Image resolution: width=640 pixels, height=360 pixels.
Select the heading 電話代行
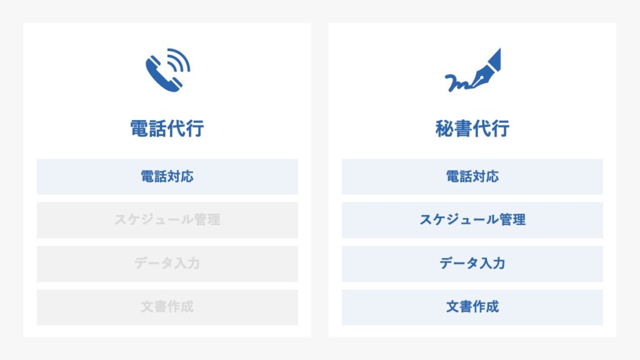tap(167, 128)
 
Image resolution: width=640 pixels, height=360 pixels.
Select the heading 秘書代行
tap(472, 128)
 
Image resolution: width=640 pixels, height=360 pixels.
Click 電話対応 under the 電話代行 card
tap(167, 176)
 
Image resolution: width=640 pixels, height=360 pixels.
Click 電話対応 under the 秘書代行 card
tap(472, 176)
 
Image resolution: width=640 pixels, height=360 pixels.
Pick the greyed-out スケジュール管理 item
tap(167, 220)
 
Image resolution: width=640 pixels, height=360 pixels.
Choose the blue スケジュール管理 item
tap(472, 220)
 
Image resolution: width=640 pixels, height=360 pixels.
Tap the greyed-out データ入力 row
tap(167, 264)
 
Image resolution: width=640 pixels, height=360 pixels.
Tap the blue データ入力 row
tap(472, 264)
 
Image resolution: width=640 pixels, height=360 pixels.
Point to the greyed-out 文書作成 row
tap(167, 307)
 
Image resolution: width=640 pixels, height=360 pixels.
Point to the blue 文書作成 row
tap(472, 307)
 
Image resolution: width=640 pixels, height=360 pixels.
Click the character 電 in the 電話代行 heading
tap(139, 128)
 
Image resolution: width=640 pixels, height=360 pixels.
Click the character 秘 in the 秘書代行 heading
tap(444, 128)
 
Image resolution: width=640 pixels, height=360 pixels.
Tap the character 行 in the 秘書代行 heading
tap(501, 128)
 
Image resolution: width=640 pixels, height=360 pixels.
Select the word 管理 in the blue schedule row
tap(512, 219)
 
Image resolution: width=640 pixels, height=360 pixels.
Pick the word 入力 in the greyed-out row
tap(187, 263)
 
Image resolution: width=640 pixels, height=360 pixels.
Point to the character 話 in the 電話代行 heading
tap(157, 128)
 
